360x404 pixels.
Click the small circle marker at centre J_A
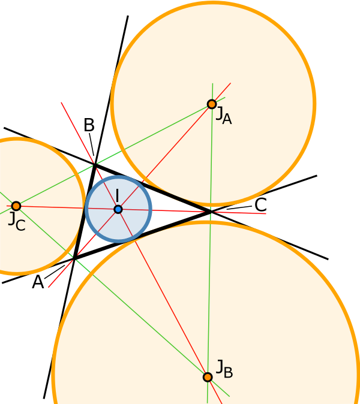pyautogui.click(x=212, y=104)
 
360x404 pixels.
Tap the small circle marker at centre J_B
pyautogui.click(x=208, y=377)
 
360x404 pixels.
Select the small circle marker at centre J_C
pyautogui.click(x=16, y=206)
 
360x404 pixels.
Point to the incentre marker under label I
pyautogui.click(x=118, y=209)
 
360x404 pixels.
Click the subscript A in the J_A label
pyautogui.click(x=226, y=119)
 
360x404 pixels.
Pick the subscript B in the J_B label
pyautogui.click(x=228, y=373)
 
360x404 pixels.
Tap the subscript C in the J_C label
pyautogui.click(x=20, y=225)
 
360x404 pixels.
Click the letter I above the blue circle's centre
pyautogui.click(x=117, y=195)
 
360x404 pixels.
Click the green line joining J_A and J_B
pyautogui.click(x=211, y=270)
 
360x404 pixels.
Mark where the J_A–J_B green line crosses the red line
pyautogui.click(x=210, y=212)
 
